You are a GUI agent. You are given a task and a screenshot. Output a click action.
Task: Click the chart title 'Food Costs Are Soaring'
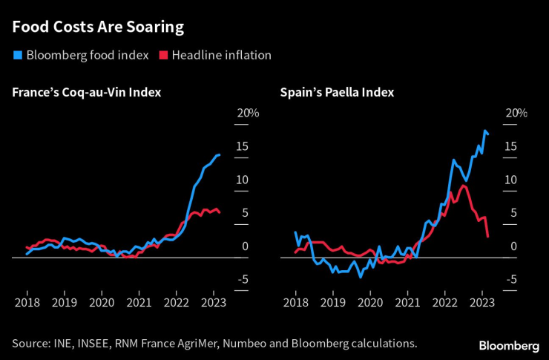(98, 28)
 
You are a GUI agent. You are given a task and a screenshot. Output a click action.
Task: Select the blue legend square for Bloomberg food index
(17, 55)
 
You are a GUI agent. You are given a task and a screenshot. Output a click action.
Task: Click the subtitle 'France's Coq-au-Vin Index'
(86, 93)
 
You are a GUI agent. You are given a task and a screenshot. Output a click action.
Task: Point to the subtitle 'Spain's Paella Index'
(337, 93)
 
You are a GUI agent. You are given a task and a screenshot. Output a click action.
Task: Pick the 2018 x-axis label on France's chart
(27, 303)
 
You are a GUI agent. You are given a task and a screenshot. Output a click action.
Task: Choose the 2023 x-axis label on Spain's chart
(482, 303)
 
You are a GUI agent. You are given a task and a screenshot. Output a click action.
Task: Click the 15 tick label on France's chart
(242, 146)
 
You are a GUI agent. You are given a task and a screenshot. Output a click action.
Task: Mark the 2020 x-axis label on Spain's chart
(370, 303)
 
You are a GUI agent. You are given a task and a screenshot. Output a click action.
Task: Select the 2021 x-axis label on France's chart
(139, 303)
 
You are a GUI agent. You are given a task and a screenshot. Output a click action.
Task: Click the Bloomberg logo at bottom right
(509, 345)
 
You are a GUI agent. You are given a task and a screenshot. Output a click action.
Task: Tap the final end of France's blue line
(220, 154)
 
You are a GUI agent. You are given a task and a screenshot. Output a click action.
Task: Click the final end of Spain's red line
(487, 237)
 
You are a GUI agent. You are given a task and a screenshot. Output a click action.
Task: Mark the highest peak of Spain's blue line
(484, 131)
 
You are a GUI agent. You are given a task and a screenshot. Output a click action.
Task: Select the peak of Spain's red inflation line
(463, 186)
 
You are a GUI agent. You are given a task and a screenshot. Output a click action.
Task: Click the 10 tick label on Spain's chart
(510, 180)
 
